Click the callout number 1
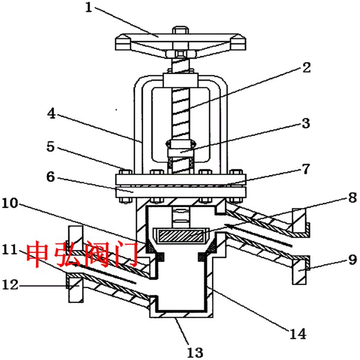[x=89, y=7]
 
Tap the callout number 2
[x=306, y=68]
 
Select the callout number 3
[x=306, y=123]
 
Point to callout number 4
[x=51, y=114]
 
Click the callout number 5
[x=50, y=146]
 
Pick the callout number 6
[x=50, y=177]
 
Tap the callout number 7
[x=306, y=169]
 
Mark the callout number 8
[x=353, y=198]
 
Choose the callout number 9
[x=353, y=260]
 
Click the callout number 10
[x=10, y=203]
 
